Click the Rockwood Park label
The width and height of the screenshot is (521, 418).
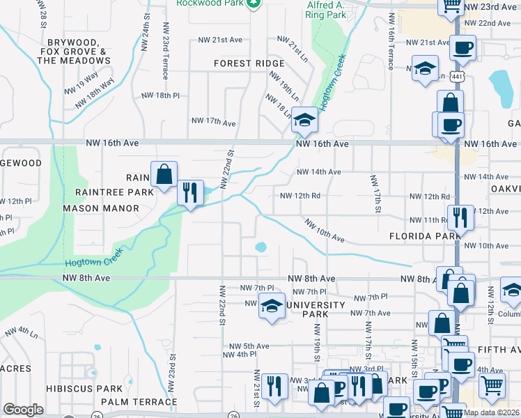(x=210, y=3)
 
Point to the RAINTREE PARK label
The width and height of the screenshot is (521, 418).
(x=108, y=192)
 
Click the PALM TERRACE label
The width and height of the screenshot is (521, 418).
(x=139, y=402)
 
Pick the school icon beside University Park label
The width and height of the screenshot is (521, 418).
(x=271, y=305)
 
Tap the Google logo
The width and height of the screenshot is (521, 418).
(x=23, y=410)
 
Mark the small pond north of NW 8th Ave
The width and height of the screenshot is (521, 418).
(x=261, y=247)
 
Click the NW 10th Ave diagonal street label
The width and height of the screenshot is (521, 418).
(x=324, y=230)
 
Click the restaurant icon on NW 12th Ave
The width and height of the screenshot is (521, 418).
(x=460, y=217)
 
